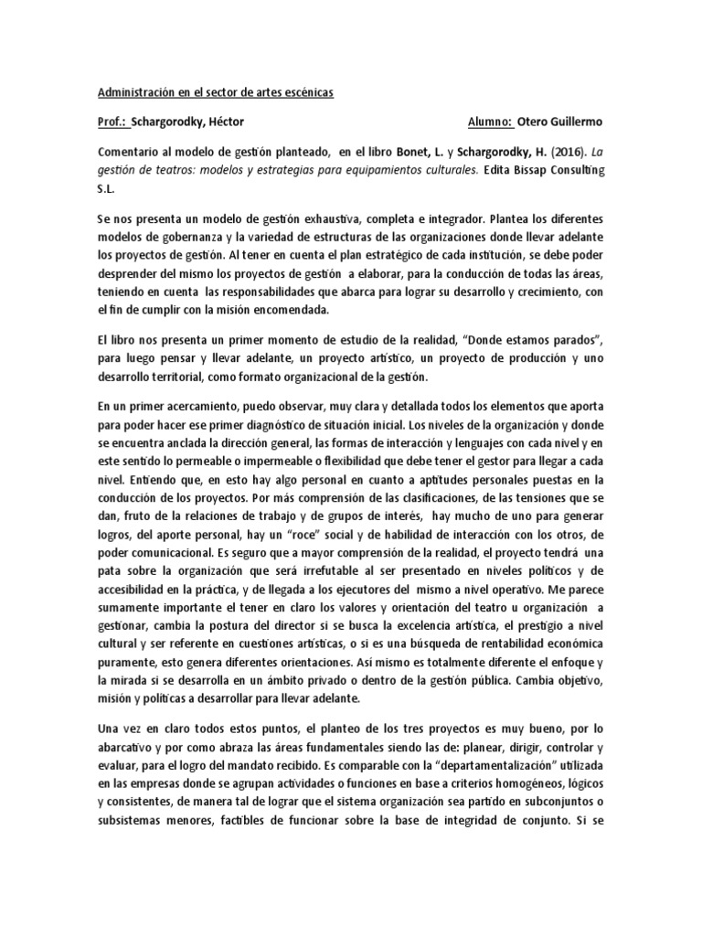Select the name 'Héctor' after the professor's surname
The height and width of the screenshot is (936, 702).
224,122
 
